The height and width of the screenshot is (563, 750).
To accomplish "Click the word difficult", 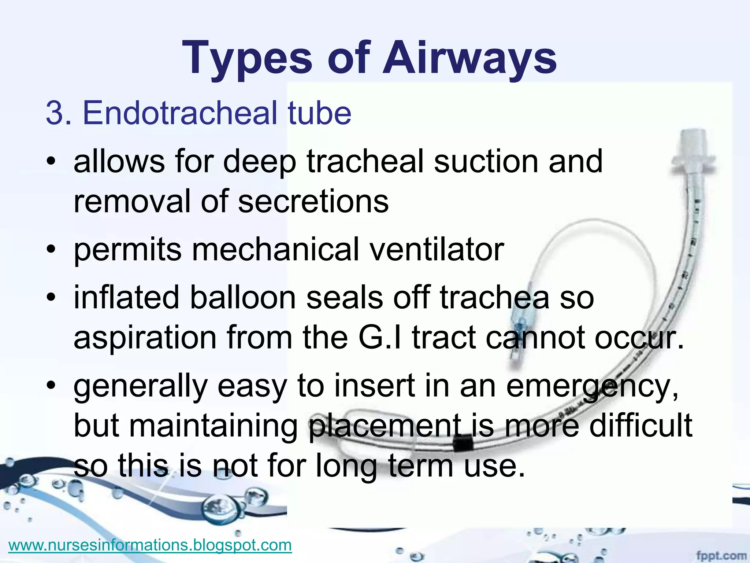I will pyautogui.click(x=641, y=426).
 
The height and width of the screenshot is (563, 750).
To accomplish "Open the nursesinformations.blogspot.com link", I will pyautogui.click(x=150, y=545).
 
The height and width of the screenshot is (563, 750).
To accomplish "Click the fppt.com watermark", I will pyautogui.click(x=721, y=556).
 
